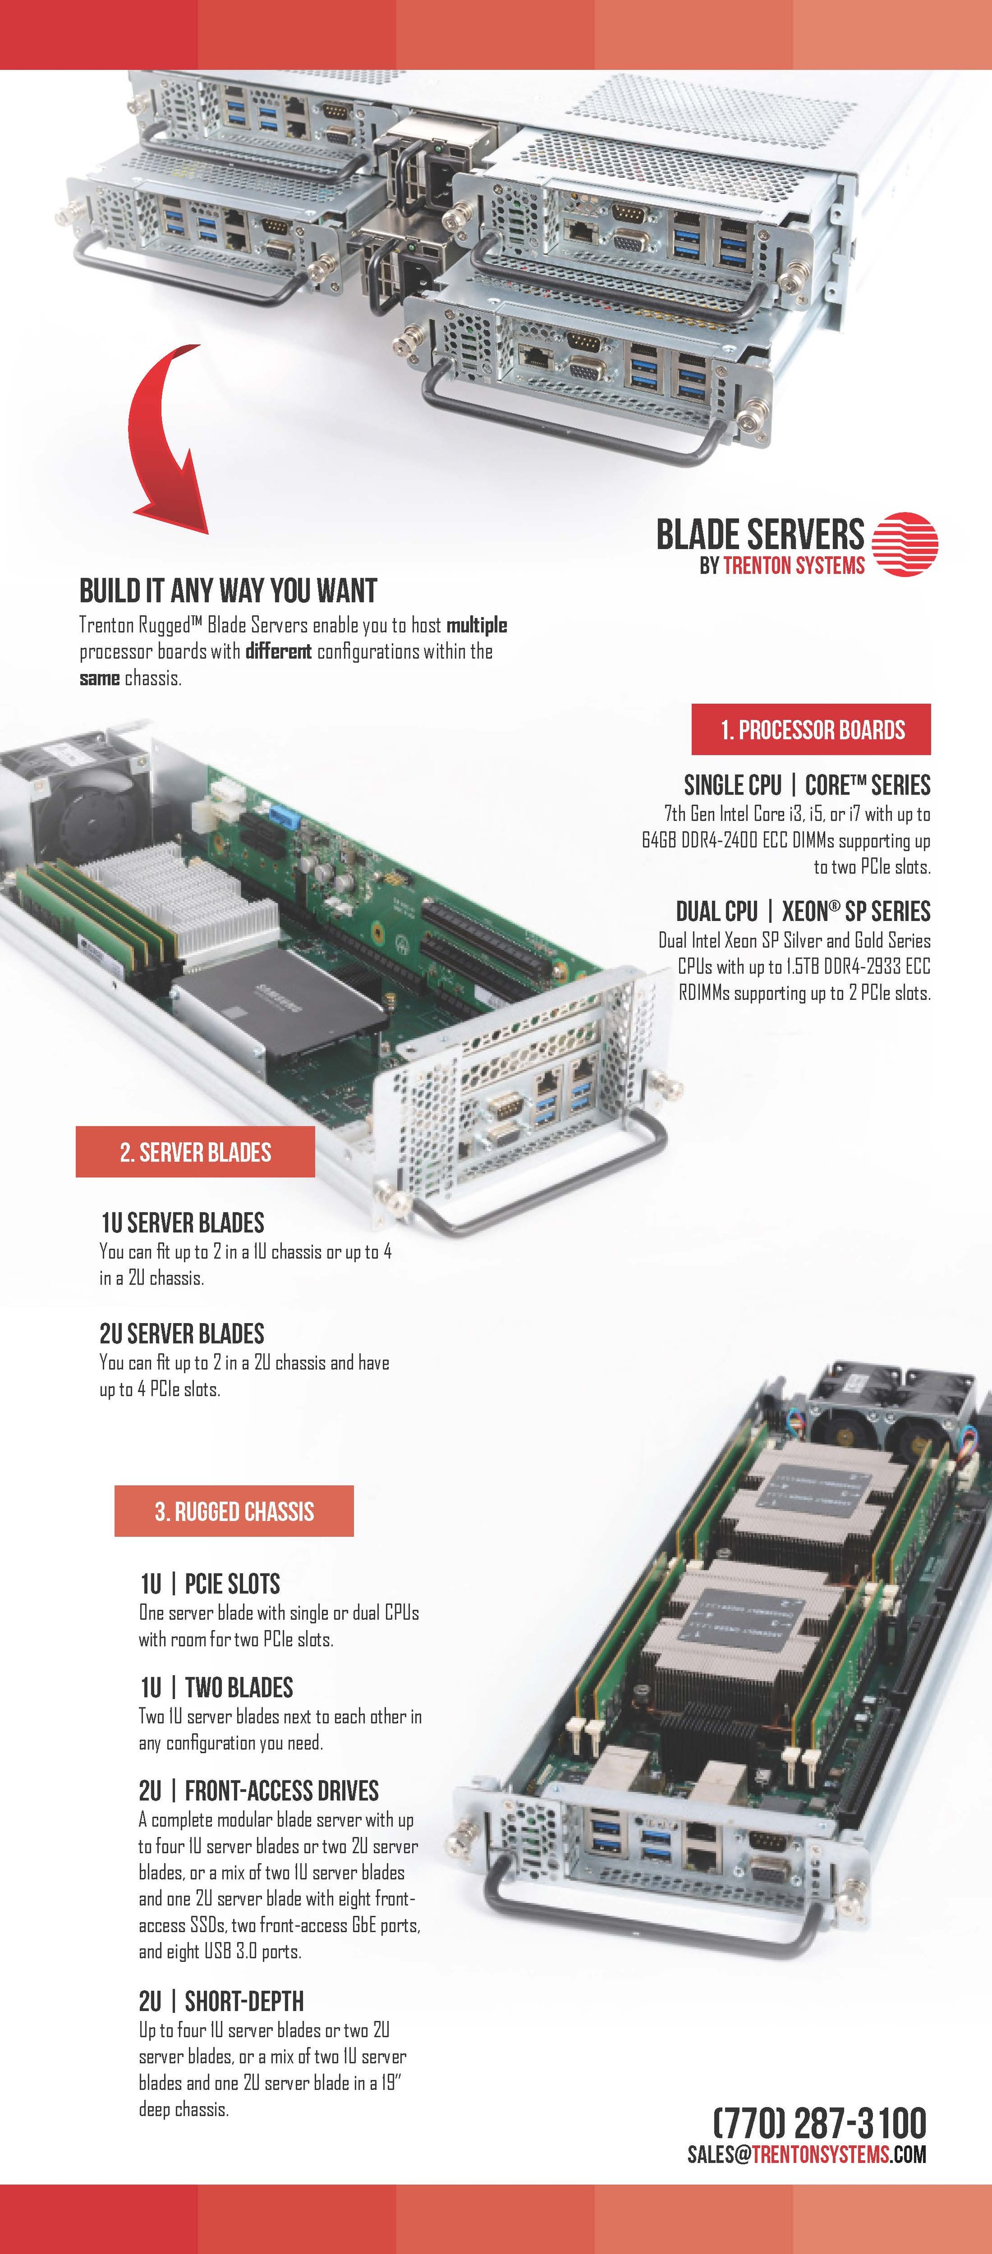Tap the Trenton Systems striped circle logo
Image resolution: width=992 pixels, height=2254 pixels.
coord(905,544)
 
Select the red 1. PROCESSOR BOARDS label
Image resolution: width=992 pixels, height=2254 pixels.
coord(811,730)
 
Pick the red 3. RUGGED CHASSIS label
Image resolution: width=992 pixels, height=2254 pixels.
coord(234,1511)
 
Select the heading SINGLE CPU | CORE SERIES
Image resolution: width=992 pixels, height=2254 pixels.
coord(806,785)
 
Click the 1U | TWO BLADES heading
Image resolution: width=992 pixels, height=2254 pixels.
coord(216,1687)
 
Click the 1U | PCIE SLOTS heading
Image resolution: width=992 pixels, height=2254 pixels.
coord(210,1584)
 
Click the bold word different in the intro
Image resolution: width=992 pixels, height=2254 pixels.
coord(278,651)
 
